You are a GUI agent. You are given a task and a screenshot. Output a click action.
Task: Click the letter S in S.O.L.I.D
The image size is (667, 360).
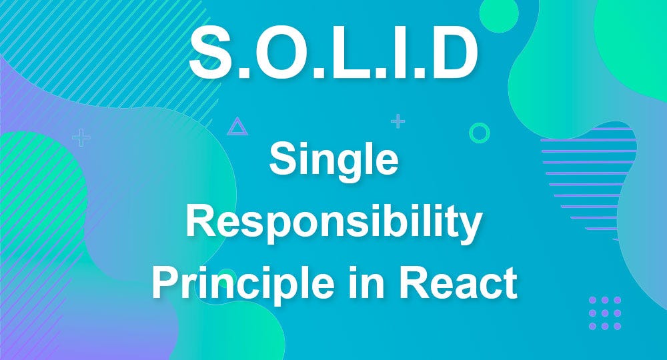pyautogui.click(x=213, y=52)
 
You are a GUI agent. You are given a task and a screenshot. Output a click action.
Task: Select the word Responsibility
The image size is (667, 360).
pyautogui.click(x=333, y=224)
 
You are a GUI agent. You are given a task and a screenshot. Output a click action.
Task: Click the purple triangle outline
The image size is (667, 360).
pyautogui.click(x=237, y=127)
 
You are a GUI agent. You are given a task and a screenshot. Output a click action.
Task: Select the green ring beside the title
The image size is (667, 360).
pyautogui.click(x=479, y=133)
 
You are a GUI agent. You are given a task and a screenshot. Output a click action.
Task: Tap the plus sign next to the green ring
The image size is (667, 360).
pyautogui.click(x=398, y=121)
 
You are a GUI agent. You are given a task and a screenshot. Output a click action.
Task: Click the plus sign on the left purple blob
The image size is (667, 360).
pyautogui.click(x=81, y=138)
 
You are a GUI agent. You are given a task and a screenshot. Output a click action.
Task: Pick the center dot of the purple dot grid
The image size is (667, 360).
pyautogui.click(x=605, y=313)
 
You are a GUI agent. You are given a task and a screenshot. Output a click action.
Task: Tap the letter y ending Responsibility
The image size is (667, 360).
pyautogui.click(x=471, y=228)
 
